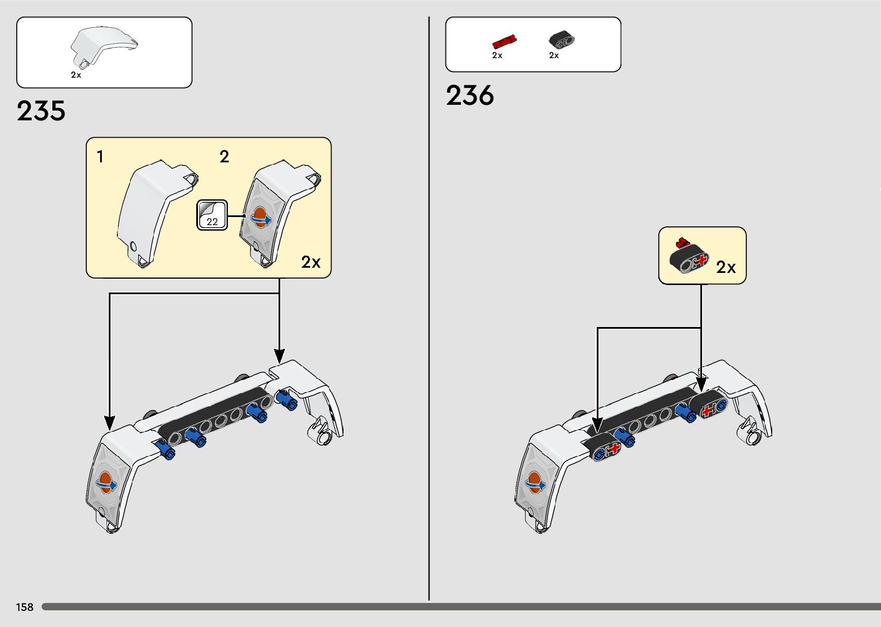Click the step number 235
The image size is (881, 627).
point(41,111)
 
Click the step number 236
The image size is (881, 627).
point(470,95)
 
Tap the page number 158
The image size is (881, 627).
point(25,607)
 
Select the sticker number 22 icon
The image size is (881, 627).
point(212,215)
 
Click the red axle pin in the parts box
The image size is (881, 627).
point(504,41)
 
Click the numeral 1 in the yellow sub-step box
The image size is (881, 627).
point(100,157)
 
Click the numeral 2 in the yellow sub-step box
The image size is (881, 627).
point(224,157)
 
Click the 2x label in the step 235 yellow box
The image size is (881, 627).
point(311,263)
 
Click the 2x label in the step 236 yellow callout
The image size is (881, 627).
point(726,267)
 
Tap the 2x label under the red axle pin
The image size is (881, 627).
point(497,56)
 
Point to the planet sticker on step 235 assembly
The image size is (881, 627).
point(106,482)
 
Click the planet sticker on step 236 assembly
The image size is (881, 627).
point(535,482)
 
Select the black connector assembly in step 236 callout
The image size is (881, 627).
point(689,256)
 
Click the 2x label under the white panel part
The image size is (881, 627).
point(76,75)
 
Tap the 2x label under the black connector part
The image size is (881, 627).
point(554,56)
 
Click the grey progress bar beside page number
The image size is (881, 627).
point(460,607)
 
